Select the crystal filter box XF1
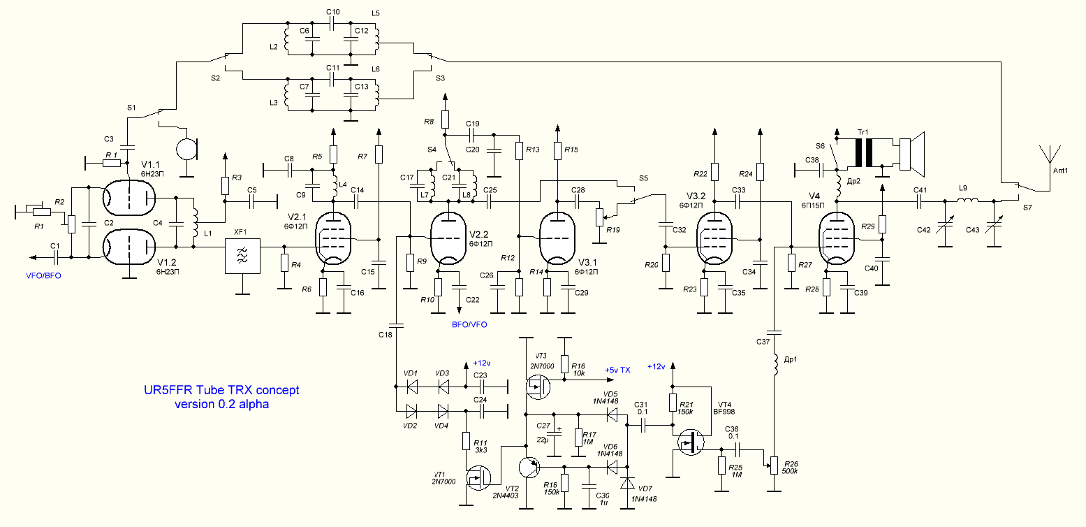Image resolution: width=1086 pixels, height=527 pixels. (242, 256)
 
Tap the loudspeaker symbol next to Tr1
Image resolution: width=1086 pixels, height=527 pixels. (912, 154)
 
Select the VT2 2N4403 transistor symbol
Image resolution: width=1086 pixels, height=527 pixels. (529, 467)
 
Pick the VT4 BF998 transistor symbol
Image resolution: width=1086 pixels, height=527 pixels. (691, 442)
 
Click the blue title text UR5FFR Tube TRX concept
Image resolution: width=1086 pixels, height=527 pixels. (221, 390)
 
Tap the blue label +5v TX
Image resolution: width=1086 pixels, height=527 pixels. (617, 370)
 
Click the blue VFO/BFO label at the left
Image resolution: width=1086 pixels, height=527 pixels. (43, 275)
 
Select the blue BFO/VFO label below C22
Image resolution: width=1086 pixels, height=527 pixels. (469, 324)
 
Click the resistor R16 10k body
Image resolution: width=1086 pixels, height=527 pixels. (564, 363)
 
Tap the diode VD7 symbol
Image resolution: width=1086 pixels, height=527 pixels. (628, 483)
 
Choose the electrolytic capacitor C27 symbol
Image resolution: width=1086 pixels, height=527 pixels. (555, 433)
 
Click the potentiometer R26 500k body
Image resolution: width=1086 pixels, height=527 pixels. (775, 465)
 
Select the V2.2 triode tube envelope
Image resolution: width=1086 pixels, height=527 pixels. (450, 239)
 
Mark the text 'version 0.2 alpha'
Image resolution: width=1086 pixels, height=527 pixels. (221, 404)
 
